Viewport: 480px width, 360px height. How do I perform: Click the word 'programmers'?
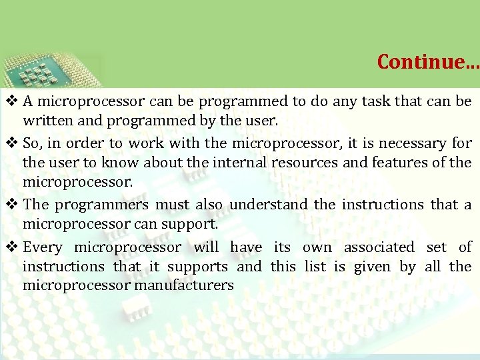point(101,205)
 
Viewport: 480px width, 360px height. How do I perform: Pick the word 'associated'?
point(379,247)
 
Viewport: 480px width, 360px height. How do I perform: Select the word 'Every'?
point(43,247)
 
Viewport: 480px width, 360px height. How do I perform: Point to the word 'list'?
point(315,267)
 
